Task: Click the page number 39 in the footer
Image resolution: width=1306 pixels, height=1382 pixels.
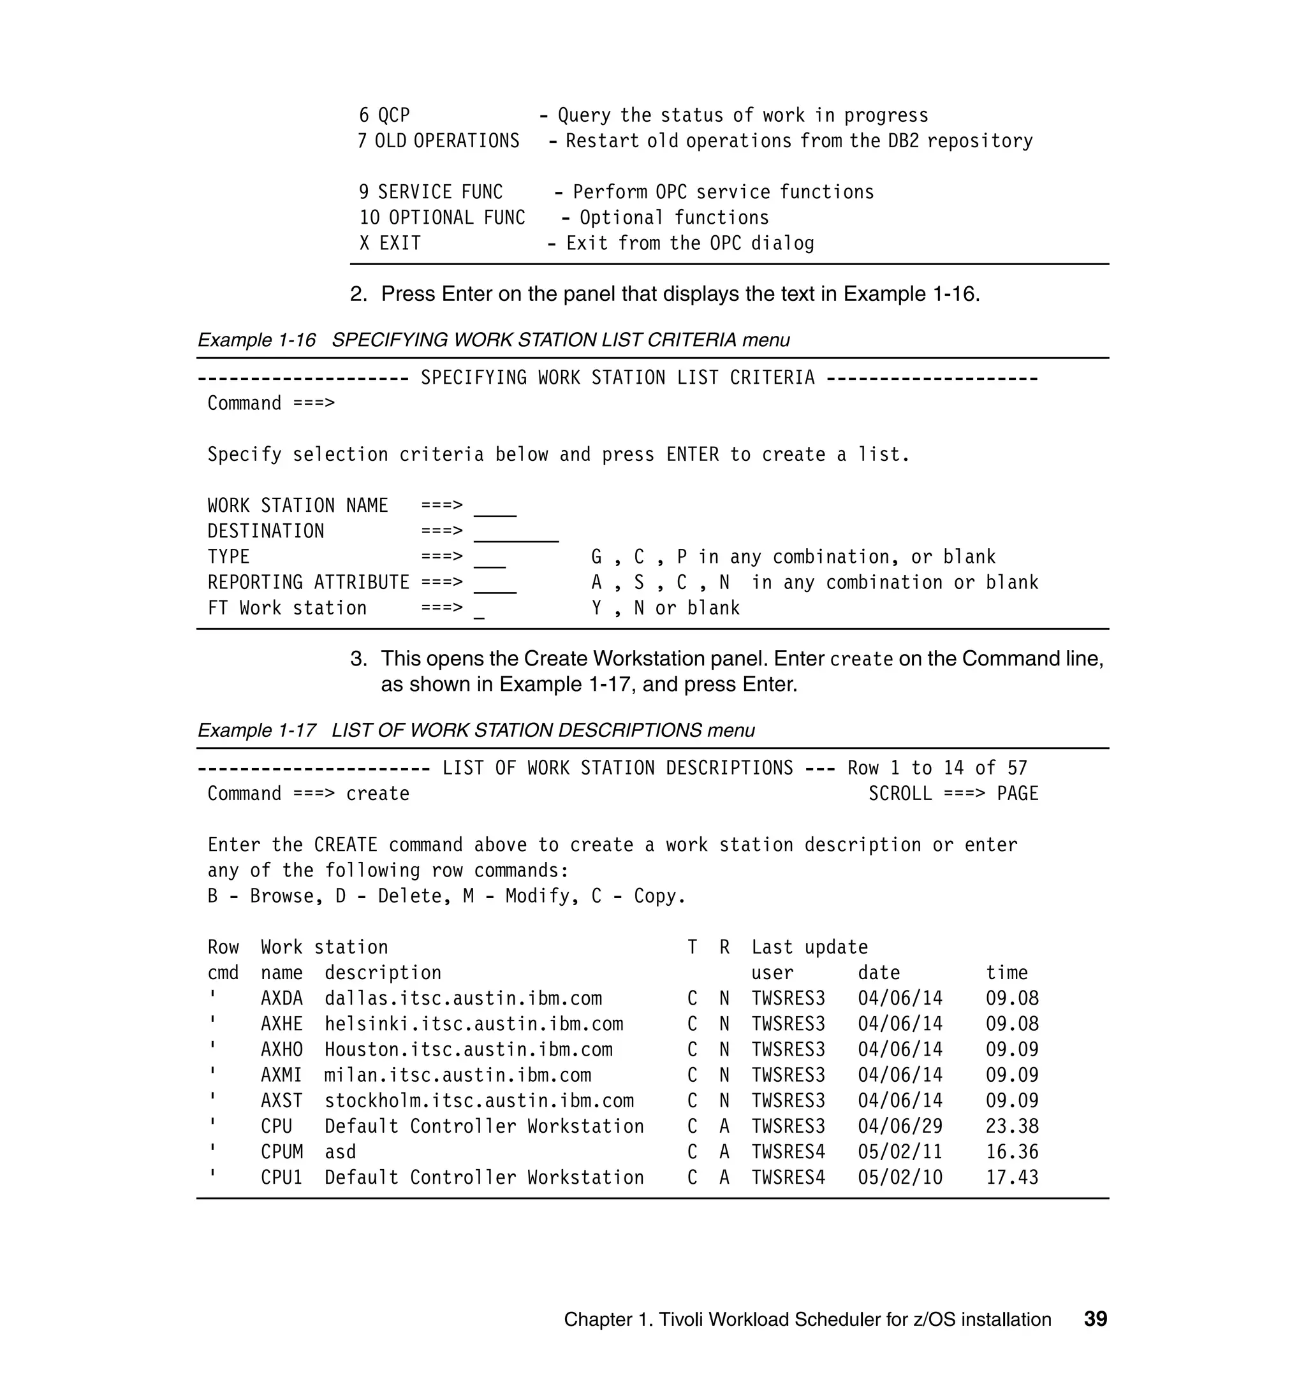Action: pyautogui.click(x=1095, y=1319)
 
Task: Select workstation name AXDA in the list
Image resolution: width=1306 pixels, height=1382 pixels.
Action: pyautogui.click(x=281, y=999)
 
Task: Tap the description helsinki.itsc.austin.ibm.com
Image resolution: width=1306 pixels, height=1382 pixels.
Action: pyautogui.click(x=473, y=1024)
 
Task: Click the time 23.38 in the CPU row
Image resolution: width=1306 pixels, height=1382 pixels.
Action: pyautogui.click(x=1011, y=1126)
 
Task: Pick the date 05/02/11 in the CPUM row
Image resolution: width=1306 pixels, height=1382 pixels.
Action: pyautogui.click(x=899, y=1153)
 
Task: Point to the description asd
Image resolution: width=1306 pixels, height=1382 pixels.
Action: pyautogui.click(x=340, y=1153)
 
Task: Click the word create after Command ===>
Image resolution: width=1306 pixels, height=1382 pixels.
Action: pyautogui.click(x=378, y=794)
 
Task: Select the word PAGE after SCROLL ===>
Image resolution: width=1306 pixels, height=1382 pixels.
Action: pyautogui.click(x=1017, y=794)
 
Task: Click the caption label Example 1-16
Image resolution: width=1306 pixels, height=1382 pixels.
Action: pyautogui.click(x=256, y=340)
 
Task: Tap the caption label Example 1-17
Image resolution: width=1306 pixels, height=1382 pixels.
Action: pyautogui.click(x=256, y=731)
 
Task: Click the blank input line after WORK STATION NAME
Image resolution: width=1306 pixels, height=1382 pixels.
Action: pyautogui.click(x=495, y=511)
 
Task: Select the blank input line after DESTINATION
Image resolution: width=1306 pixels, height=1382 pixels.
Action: pyautogui.click(x=516, y=537)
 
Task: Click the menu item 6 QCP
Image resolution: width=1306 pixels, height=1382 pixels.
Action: pyautogui.click(x=385, y=115)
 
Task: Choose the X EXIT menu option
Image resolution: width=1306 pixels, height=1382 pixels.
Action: pyautogui.click(x=390, y=244)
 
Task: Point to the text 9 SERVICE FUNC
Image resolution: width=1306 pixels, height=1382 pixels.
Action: pyautogui.click(x=430, y=192)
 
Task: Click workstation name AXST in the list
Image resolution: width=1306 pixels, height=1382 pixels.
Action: pyautogui.click(x=281, y=1101)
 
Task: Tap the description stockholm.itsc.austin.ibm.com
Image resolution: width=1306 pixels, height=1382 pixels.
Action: pyautogui.click(x=479, y=1101)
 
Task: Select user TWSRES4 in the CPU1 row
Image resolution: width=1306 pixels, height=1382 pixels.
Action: pyautogui.click(x=788, y=1177)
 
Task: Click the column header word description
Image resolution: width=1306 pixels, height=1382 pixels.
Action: pyautogui.click(x=383, y=973)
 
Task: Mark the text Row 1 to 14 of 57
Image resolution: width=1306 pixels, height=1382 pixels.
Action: pyautogui.click(x=936, y=768)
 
